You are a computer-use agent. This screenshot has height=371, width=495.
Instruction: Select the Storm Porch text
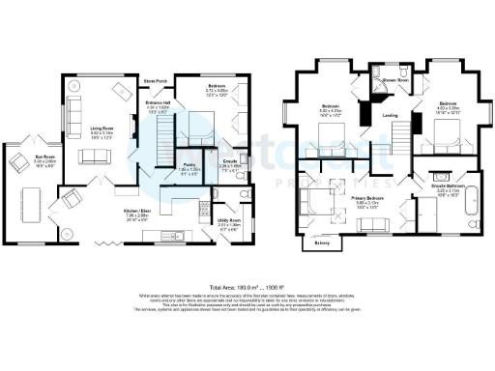coord(155,80)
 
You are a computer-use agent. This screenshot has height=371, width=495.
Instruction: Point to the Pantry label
coord(190,165)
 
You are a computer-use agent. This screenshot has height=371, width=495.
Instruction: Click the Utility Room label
coord(227,221)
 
